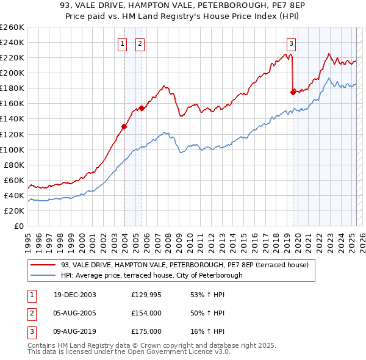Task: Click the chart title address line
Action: point(183,7)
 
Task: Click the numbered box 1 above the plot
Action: point(123,43)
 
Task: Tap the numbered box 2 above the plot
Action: point(140,43)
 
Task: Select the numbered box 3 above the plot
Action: point(292,43)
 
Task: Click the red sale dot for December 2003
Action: point(124,126)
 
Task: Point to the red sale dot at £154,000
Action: point(142,108)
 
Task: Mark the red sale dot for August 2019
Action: point(293,92)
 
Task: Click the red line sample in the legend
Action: point(43,265)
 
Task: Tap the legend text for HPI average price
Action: point(152,275)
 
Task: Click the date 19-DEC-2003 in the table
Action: point(75,295)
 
